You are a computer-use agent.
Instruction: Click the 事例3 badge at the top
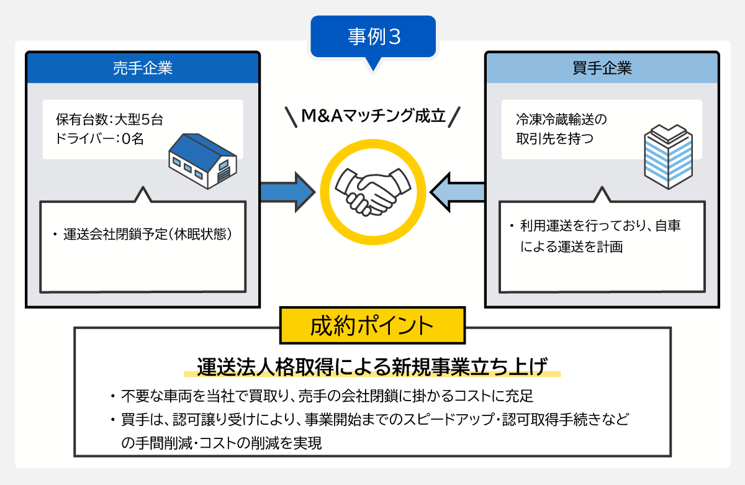(x=372, y=37)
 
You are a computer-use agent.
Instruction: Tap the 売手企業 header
(x=142, y=68)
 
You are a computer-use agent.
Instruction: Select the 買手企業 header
(x=602, y=68)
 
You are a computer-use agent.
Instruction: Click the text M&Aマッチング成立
(x=373, y=116)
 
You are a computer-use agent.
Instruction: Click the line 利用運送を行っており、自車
(x=600, y=227)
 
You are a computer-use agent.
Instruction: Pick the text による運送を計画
(x=572, y=247)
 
